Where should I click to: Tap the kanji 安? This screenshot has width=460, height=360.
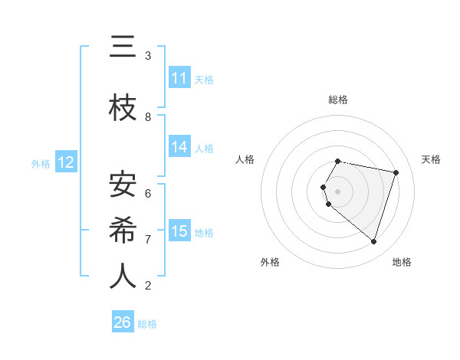[123, 185]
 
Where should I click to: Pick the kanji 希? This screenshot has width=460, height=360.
[123, 230]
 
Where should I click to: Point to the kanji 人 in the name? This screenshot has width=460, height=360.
[123, 276]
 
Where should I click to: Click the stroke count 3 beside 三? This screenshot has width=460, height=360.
[148, 56]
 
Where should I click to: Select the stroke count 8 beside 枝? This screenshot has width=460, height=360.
[148, 117]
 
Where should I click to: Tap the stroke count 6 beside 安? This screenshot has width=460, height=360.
[148, 193]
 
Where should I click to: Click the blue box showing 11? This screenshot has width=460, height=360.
[179, 78]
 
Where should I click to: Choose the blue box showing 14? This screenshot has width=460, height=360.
[179, 147]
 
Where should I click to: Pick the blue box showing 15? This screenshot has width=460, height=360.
[179, 231]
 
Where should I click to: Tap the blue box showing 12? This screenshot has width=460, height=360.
[66, 162]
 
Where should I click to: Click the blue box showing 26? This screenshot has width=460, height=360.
[123, 322]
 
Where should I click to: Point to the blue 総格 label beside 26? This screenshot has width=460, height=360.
[148, 324]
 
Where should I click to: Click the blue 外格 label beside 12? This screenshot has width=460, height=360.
[41, 163]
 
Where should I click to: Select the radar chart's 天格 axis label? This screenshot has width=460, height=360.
[431, 159]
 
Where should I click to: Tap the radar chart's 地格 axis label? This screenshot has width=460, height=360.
[402, 262]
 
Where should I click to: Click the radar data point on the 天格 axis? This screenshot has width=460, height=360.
[396, 172]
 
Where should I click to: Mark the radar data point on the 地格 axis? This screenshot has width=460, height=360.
[373, 241]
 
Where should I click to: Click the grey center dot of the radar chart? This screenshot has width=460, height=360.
[337, 191]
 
